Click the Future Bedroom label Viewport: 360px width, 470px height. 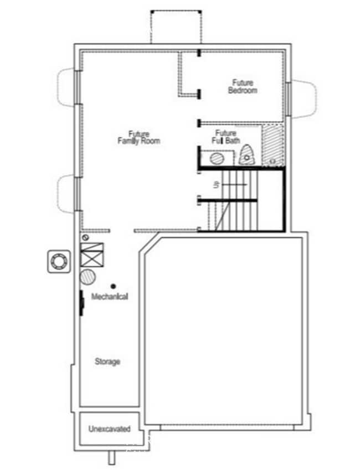click(243, 86)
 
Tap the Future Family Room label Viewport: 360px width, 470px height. click(138, 137)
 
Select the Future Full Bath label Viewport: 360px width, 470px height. click(226, 137)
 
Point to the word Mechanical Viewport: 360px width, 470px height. click(110, 297)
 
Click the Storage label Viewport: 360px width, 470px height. click(107, 361)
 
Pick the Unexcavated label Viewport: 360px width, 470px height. click(109, 428)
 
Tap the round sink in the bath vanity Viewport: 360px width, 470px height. click(217, 159)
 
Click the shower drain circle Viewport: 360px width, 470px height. click(271, 161)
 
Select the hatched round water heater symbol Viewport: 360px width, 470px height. click(88, 277)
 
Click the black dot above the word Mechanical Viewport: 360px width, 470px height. click(113, 286)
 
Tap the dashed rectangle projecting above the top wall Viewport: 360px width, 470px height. click(176, 26)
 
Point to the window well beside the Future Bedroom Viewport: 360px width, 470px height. click(302, 98)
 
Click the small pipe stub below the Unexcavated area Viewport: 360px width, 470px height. click(111, 457)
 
